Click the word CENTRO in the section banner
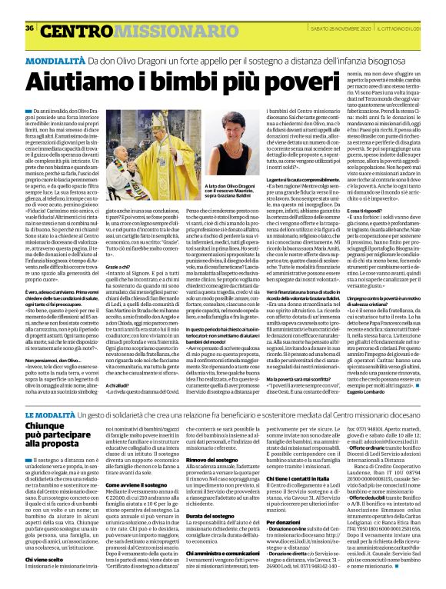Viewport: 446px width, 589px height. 67,10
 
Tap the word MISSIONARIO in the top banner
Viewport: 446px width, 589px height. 140,10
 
